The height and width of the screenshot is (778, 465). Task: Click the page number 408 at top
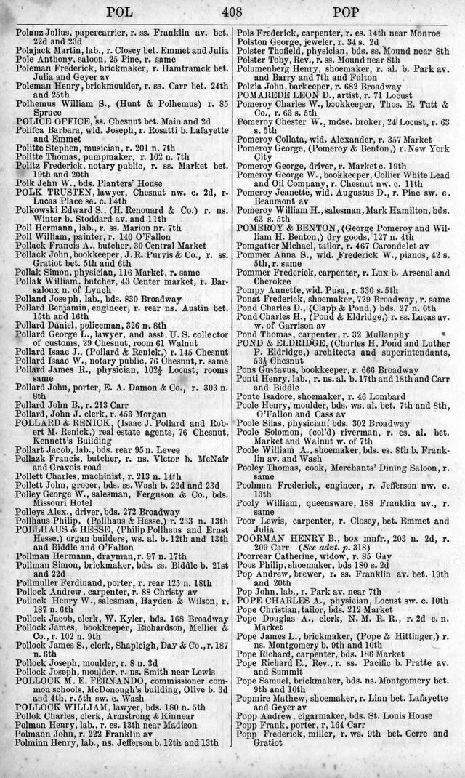pyautogui.click(x=232, y=11)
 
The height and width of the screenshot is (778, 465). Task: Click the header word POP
pyautogui.click(x=349, y=11)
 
